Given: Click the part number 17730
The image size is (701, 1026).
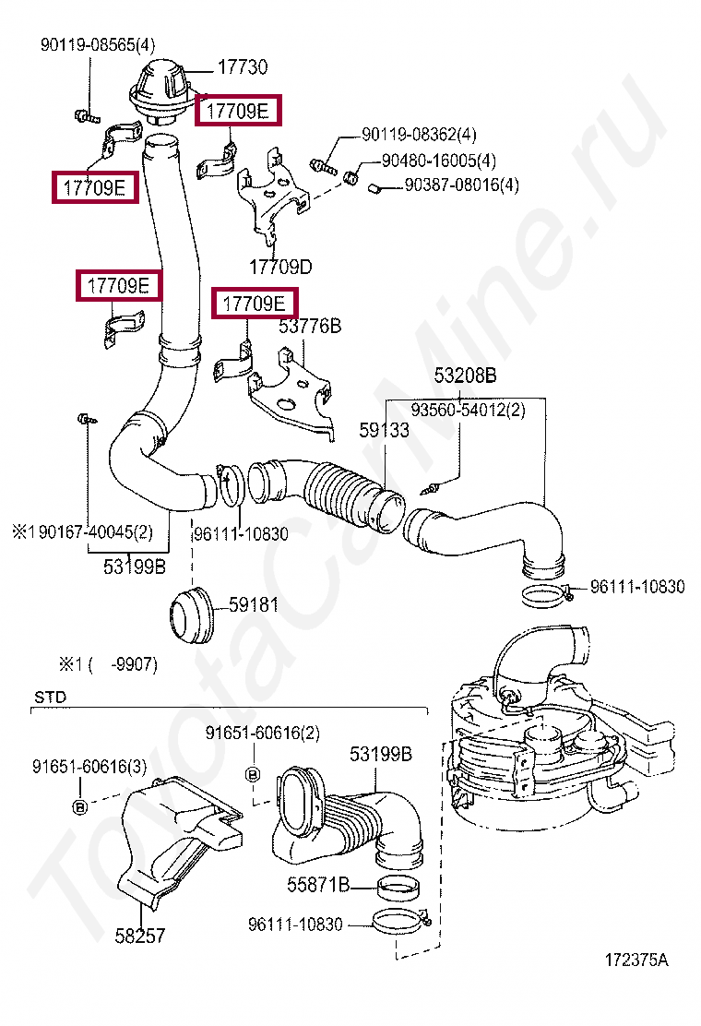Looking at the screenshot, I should [x=243, y=66].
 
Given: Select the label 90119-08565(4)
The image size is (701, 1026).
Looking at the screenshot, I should [x=98, y=43].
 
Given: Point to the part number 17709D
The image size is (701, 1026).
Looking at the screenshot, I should [x=279, y=268].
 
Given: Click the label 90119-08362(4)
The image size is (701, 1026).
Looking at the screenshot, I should [x=418, y=136].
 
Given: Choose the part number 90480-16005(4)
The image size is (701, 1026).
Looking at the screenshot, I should [x=438, y=161].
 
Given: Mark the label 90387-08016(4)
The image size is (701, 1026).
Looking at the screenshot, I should [x=461, y=185].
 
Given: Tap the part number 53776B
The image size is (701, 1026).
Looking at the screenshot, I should [x=310, y=327].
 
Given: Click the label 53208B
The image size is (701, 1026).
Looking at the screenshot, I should [x=466, y=376].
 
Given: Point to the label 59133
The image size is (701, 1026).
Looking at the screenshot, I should [x=384, y=430].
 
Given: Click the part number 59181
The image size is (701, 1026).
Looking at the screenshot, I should [x=254, y=605].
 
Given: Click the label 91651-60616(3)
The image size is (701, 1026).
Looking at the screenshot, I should [x=89, y=767].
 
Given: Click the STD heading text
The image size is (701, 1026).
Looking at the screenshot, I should [x=50, y=698].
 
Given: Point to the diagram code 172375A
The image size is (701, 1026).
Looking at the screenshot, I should [x=636, y=960].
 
